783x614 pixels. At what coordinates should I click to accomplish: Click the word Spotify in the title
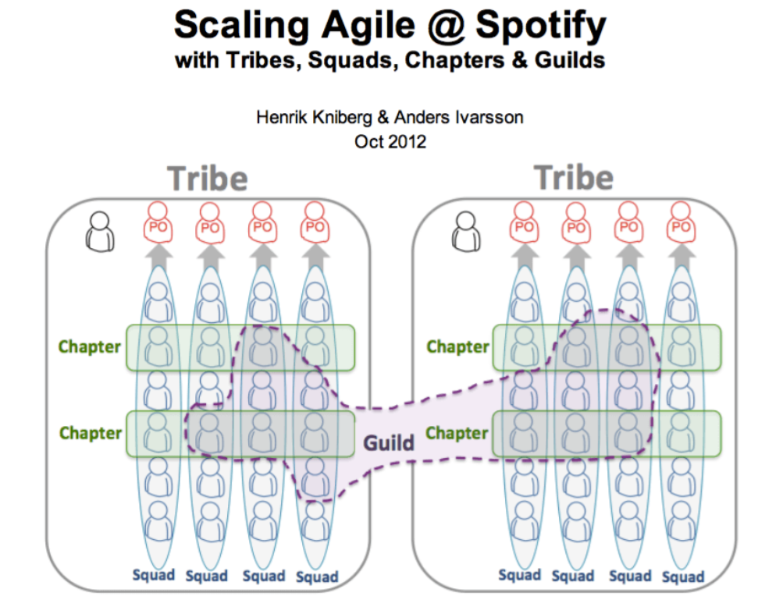[540, 25]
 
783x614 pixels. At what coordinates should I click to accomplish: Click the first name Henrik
[279, 119]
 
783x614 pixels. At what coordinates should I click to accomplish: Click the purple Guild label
[389, 443]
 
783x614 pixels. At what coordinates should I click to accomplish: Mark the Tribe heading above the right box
[575, 179]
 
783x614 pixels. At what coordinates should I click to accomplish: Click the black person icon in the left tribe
[100, 231]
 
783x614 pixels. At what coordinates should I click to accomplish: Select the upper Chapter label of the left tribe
[90, 346]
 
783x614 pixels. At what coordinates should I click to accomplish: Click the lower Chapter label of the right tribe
[457, 432]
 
